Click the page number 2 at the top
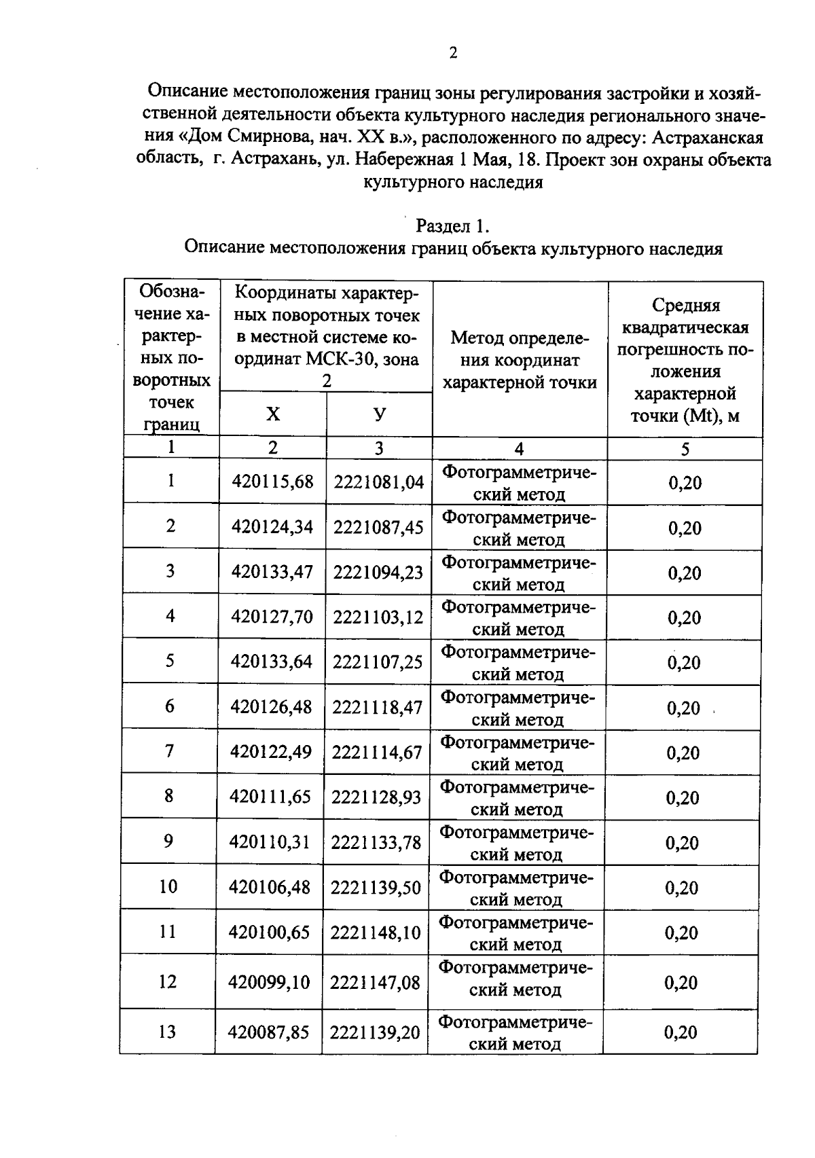point(452,53)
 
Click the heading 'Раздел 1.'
point(452,225)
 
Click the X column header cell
point(272,414)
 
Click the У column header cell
point(380,414)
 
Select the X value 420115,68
point(272,482)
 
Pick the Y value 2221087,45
point(378,527)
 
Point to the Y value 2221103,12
point(378,617)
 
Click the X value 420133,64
point(272,662)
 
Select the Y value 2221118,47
point(377,707)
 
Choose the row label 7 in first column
point(169,750)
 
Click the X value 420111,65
point(270,797)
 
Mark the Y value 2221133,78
point(376,842)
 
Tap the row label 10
point(168,886)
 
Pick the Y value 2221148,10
point(376,932)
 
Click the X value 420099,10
point(270,982)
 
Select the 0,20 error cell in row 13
point(681,1032)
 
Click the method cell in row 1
point(520,482)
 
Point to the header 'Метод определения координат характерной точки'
point(520,360)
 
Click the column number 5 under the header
point(685,448)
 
